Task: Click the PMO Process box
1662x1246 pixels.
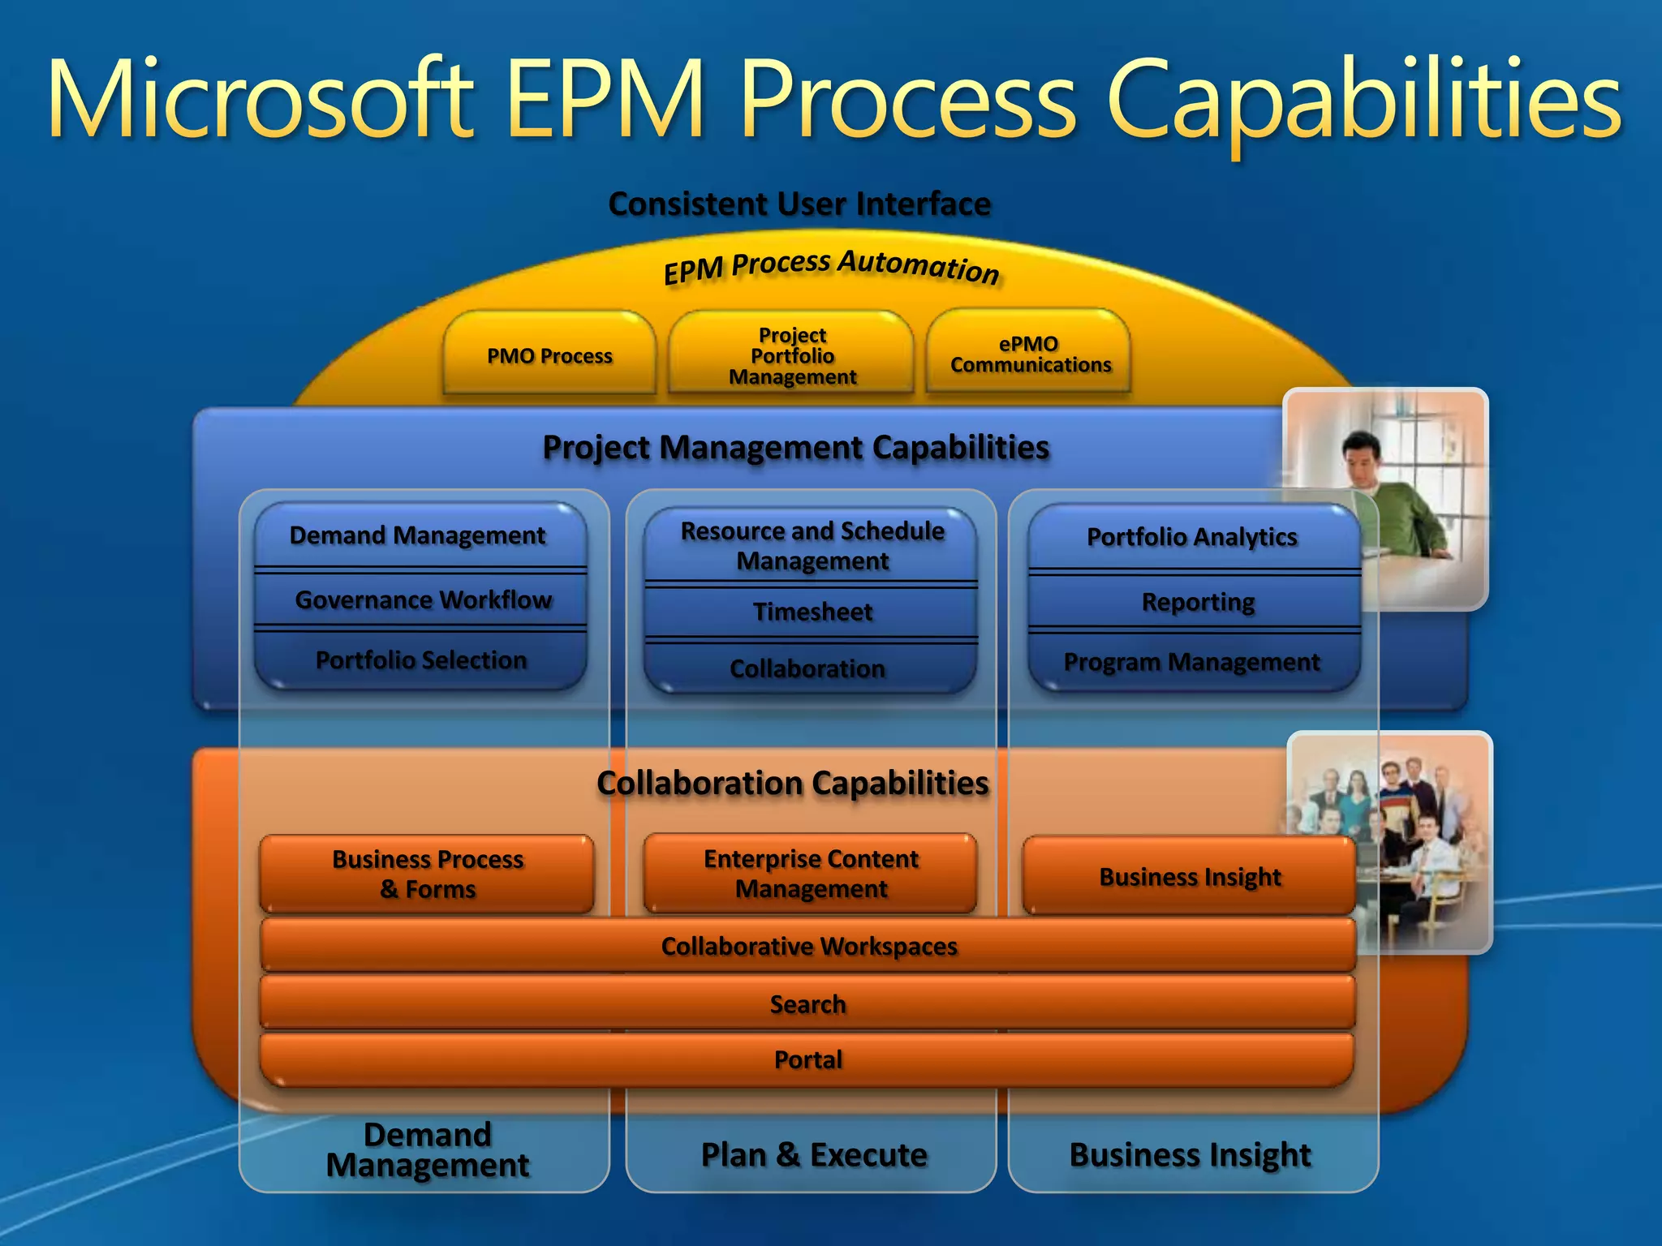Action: pos(549,355)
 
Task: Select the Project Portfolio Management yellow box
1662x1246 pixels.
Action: pos(791,355)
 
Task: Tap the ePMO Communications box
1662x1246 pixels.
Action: pos(1029,354)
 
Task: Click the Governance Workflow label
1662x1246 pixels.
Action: pos(423,599)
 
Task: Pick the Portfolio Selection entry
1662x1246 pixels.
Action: pos(421,660)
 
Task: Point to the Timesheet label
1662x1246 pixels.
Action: pos(812,612)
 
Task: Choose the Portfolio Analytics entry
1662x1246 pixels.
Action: pos(1191,536)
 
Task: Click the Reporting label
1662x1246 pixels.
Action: pos(1197,602)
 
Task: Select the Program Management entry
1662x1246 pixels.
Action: pos(1191,662)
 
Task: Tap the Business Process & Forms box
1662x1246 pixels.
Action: pos(428,874)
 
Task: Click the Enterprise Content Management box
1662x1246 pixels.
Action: pos(811,874)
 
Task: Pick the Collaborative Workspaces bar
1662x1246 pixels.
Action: pos(808,946)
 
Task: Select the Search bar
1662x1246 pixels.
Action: pos(808,1004)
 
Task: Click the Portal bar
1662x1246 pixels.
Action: pos(808,1059)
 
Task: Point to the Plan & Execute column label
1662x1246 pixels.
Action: pos(814,1154)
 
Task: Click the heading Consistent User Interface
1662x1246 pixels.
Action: pos(799,204)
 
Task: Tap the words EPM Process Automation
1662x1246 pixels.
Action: pos(831,267)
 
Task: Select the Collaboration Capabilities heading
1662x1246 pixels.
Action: pos(793,783)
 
